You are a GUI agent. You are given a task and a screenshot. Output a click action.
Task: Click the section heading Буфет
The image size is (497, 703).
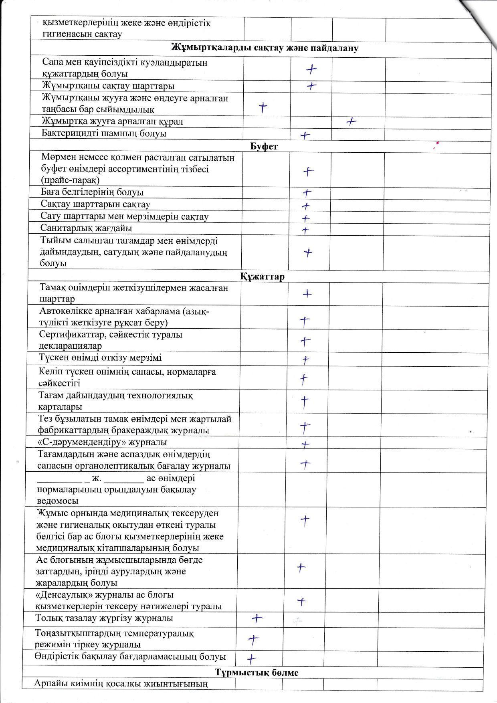(x=264, y=146)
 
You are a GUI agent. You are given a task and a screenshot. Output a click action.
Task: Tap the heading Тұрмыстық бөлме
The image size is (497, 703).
(x=257, y=672)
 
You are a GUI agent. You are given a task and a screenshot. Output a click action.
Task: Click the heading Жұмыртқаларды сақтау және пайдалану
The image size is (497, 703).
(x=265, y=48)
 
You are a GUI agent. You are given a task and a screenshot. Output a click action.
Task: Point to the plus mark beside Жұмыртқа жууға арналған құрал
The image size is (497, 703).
(x=352, y=122)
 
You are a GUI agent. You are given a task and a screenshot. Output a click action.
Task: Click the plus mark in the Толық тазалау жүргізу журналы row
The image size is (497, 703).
(x=257, y=618)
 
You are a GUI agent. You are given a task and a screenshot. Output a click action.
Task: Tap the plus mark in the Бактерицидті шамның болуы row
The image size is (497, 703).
(x=305, y=135)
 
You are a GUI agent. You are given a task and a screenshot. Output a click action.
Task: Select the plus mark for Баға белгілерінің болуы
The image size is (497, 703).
(x=307, y=193)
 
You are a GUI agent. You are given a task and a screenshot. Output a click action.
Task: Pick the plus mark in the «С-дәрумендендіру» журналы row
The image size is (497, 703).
(x=305, y=444)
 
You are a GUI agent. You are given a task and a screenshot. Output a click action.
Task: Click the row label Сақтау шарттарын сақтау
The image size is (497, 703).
(x=95, y=204)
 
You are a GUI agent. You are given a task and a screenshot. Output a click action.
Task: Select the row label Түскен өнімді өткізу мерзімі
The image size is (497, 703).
(x=100, y=358)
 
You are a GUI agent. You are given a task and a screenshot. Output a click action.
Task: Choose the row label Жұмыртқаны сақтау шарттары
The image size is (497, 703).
(x=108, y=86)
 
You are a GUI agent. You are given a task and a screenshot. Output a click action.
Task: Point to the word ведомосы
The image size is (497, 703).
(x=57, y=501)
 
